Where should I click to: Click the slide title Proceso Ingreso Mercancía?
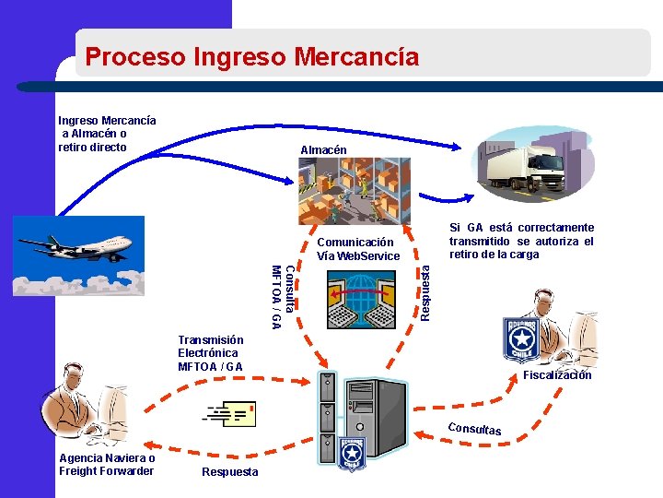(251, 57)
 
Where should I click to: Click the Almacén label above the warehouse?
(323, 150)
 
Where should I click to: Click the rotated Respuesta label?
(425, 292)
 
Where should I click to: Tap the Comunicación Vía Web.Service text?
(358, 249)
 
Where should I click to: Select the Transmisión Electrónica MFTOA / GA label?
(211, 353)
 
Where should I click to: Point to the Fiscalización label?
(557, 375)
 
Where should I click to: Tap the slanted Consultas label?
(475, 429)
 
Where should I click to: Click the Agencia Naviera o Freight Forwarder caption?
(107, 465)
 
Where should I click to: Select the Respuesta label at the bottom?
(229, 472)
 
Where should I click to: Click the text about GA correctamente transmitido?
(521, 241)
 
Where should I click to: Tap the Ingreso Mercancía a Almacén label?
(107, 134)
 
